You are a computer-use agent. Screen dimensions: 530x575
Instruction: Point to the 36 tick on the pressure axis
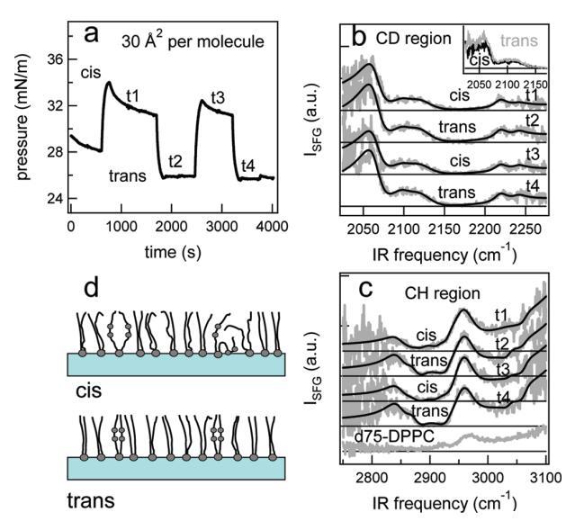pos(55,59)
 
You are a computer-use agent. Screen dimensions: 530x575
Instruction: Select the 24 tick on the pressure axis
pos(55,198)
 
